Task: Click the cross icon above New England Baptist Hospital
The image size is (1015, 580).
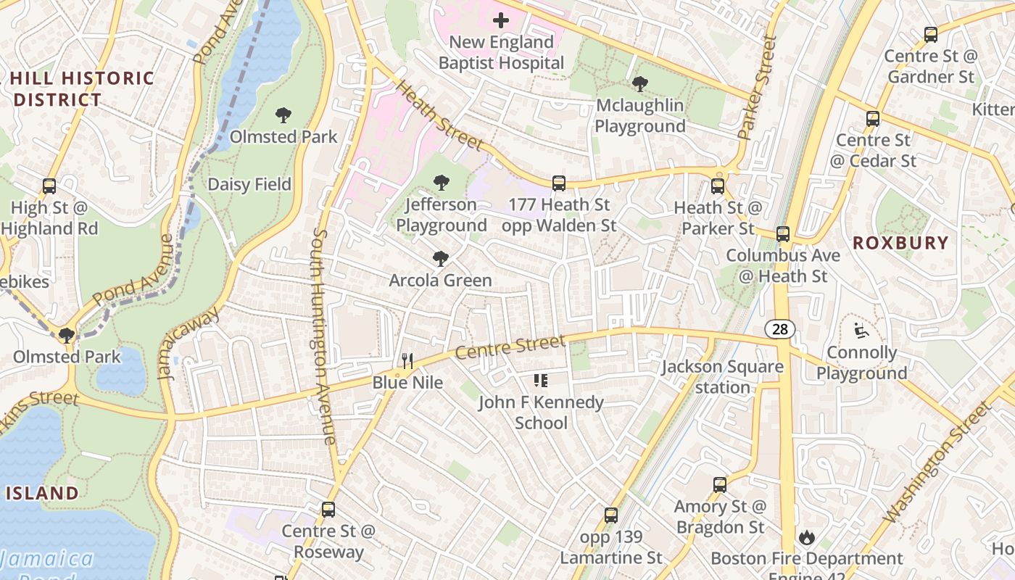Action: click(500, 20)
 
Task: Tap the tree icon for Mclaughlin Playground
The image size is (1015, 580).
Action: click(639, 84)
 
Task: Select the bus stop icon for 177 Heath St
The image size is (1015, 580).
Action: click(558, 183)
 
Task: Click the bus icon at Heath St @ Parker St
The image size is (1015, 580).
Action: click(718, 186)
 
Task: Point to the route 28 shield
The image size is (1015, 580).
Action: click(779, 329)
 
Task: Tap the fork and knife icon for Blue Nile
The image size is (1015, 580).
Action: click(407, 360)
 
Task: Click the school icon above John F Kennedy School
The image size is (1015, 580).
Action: click(540, 381)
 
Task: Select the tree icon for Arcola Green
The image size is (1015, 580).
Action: click(440, 259)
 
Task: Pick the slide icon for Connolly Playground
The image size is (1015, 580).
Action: click(861, 331)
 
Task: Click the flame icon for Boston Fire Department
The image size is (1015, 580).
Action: click(806, 537)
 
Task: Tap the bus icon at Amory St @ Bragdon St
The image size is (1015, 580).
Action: click(719, 485)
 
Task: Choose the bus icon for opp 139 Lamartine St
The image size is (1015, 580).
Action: click(611, 515)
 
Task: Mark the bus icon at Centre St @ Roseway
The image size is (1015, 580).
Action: click(328, 510)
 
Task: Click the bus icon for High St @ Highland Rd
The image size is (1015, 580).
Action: click(49, 186)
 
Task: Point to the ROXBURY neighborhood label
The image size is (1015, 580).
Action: click(900, 243)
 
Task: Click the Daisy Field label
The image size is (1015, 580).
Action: click(249, 184)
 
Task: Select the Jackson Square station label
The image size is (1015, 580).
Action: click(722, 377)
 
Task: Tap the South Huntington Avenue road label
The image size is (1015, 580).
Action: click(323, 336)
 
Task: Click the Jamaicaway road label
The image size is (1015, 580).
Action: click(188, 343)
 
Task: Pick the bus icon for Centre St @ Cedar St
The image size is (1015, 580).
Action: click(873, 119)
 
